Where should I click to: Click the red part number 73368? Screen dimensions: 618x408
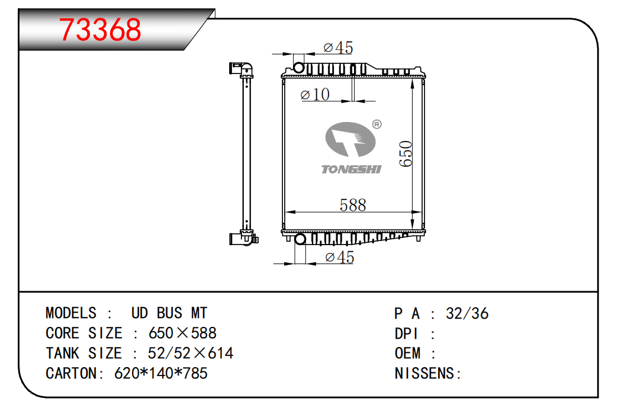point(100,30)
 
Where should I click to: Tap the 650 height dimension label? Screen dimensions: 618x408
point(405,154)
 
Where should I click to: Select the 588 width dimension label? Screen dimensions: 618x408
point(353,205)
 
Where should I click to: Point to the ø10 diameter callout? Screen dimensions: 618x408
point(315,94)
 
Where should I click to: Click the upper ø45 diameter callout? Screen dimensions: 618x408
point(338,48)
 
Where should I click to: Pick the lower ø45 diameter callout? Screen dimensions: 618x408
point(340,257)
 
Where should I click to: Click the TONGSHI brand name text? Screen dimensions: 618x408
point(351,169)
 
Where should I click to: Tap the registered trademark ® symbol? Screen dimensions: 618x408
point(377,124)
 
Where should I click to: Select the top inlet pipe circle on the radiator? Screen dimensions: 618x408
point(299,68)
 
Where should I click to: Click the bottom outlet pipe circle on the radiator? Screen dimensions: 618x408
point(300,239)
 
